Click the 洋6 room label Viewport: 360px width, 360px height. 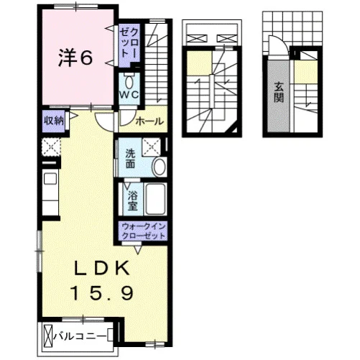click(x=75, y=57)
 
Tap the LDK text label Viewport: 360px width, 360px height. click(x=102, y=268)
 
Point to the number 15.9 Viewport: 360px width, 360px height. click(x=102, y=293)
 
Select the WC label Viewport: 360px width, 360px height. click(x=129, y=95)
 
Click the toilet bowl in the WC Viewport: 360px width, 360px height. click(x=129, y=81)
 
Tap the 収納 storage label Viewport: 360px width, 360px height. click(x=54, y=121)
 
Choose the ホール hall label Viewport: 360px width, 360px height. click(x=149, y=121)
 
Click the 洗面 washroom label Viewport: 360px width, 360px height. click(x=130, y=158)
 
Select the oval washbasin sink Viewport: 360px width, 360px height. click(x=160, y=167)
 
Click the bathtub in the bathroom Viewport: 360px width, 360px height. click(x=155, y=199)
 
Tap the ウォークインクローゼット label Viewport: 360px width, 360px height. click(x=144, y=231)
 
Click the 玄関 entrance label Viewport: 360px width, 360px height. click(x=279, y=92)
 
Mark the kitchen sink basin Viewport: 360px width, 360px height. click(x=50, y=179)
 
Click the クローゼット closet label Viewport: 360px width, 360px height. click(x=129, y=42)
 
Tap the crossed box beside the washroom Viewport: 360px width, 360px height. click(x=152, y=147)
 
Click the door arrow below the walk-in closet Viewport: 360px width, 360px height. click(x=138, y=250)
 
